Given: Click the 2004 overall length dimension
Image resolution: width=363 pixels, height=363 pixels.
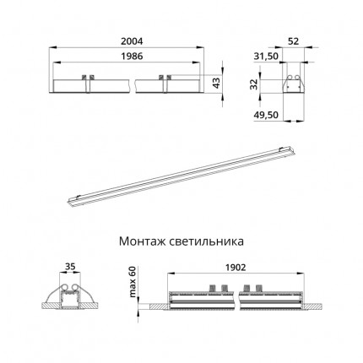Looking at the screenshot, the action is pos(132,41).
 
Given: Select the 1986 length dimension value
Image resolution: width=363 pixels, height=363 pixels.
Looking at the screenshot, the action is pos(132,57).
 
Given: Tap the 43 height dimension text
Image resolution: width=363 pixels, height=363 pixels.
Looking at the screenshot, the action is pos(216,83).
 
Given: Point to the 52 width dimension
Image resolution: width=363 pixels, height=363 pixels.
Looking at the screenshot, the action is pos(293,41).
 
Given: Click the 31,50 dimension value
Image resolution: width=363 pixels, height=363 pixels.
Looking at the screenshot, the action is pos(266,57).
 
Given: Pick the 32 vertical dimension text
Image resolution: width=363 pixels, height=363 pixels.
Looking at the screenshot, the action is pos(254,84).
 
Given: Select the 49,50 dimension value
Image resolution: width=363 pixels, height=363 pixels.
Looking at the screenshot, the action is pos(266,115).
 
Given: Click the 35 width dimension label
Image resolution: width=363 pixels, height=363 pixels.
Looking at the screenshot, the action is pos(70,267).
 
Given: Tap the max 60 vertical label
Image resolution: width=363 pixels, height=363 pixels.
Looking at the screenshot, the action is pos(132,282).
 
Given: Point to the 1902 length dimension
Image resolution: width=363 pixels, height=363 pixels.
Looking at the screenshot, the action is pos(236,268).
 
